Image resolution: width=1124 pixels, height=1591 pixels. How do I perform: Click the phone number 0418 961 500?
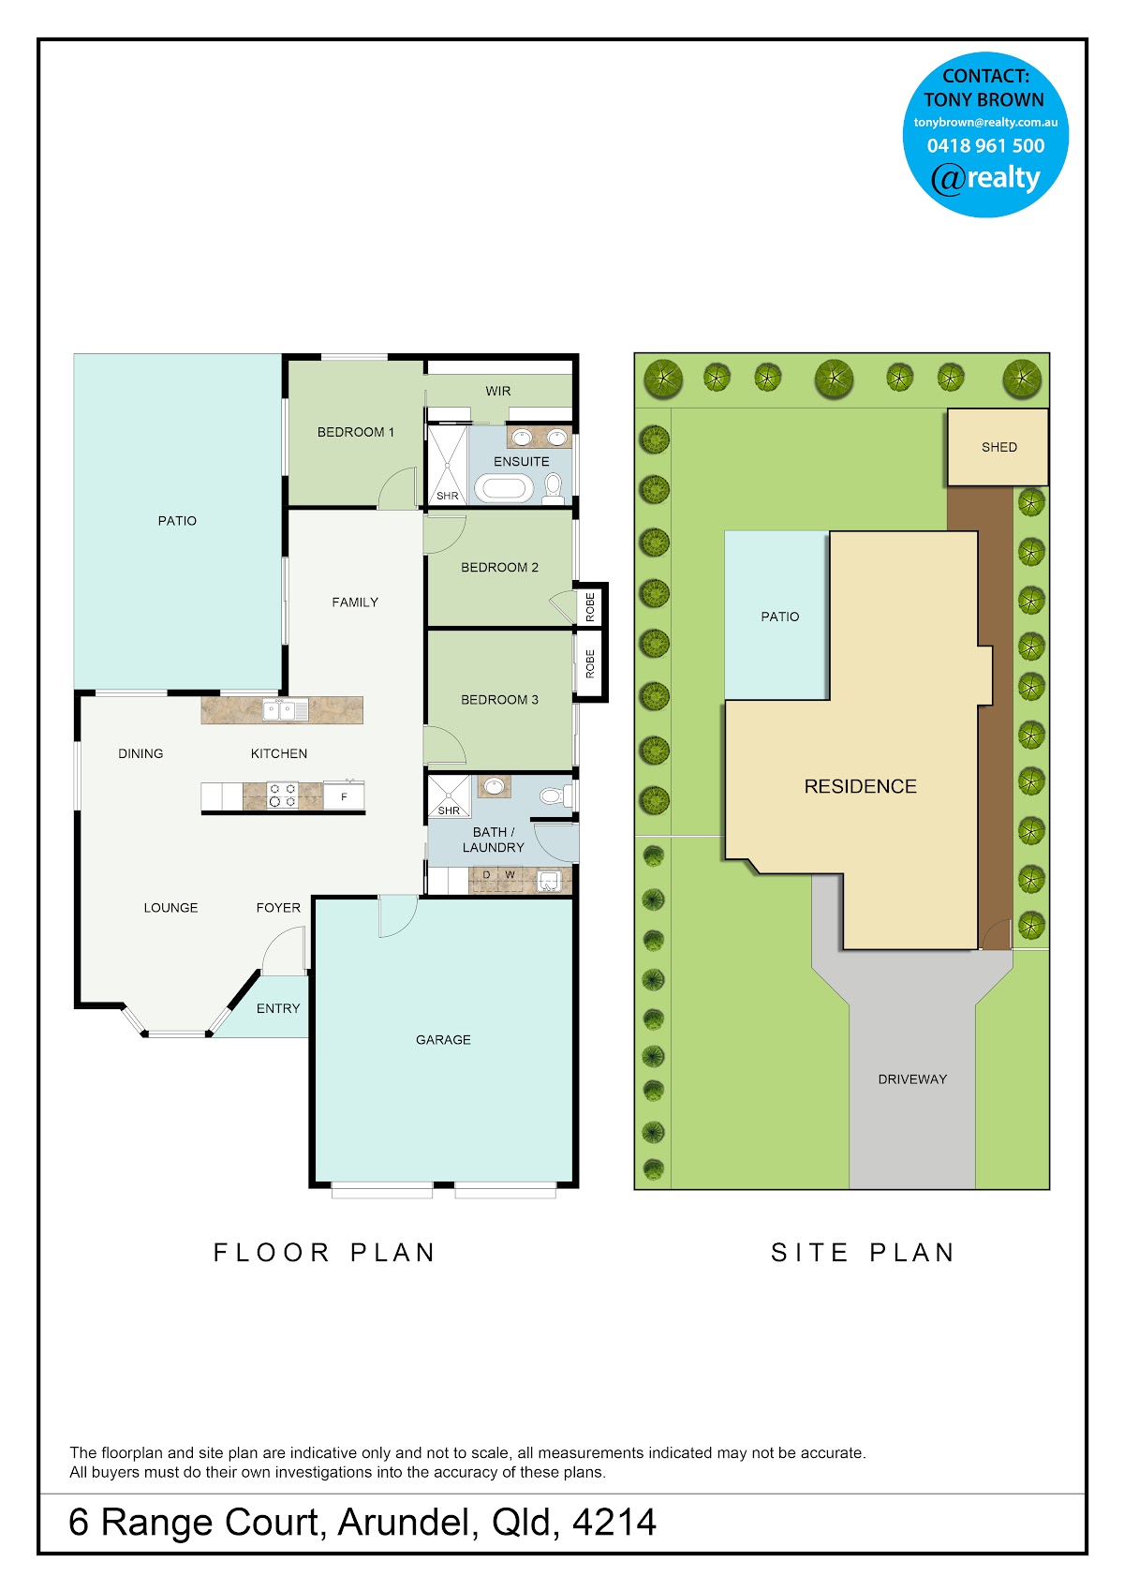(985, 145)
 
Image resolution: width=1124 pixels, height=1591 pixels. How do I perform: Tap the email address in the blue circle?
(985, 122)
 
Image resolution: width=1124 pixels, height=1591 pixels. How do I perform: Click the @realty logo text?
(985, 178)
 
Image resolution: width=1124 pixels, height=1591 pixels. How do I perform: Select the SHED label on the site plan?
(999, 447)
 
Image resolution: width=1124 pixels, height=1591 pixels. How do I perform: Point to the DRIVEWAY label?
(912, 1078)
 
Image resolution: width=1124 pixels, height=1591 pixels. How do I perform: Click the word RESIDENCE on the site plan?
(860, 786)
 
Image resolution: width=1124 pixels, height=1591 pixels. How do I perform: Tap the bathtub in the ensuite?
(503, 489)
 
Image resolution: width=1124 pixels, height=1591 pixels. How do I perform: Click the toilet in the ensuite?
(554, 488)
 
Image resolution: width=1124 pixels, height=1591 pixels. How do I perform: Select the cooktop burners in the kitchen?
(283, 795)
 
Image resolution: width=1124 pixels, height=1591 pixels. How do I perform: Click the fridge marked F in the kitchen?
(344, 797)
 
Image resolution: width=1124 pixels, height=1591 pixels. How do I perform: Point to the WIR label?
(497, 391)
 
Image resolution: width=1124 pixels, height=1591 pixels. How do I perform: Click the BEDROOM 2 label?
(499, 567)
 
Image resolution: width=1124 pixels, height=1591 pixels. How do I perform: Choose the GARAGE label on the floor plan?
(443, 1039)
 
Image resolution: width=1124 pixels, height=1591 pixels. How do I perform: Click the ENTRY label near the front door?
(277, 1008)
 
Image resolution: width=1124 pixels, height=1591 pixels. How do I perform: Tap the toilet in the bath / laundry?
(556, 795)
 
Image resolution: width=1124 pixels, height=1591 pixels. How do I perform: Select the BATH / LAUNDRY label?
(493, 839)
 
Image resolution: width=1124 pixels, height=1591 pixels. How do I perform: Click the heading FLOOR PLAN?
(324, 1252)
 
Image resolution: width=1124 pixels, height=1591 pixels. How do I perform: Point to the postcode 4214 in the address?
(614, 1522)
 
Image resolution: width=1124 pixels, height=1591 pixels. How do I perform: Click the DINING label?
(140, 753)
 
